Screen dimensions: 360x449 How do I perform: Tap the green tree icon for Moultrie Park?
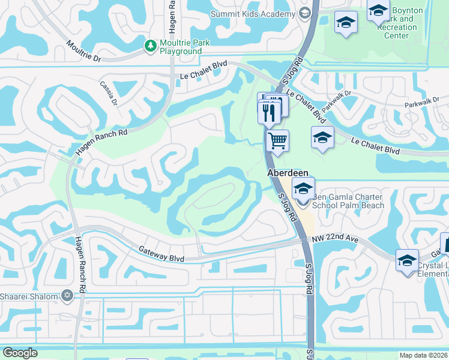point(150,44)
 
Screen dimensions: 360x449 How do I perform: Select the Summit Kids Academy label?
point(253,13)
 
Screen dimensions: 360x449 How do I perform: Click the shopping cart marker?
point(277,141)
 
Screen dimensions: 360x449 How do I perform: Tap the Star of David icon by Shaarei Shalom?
point(67,296)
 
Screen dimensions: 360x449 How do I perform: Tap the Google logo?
point(20,353)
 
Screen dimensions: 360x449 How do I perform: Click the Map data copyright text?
point(423,355)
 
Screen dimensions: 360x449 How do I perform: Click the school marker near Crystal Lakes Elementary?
point(407,260)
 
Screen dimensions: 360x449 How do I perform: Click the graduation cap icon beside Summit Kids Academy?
point(304,13)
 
